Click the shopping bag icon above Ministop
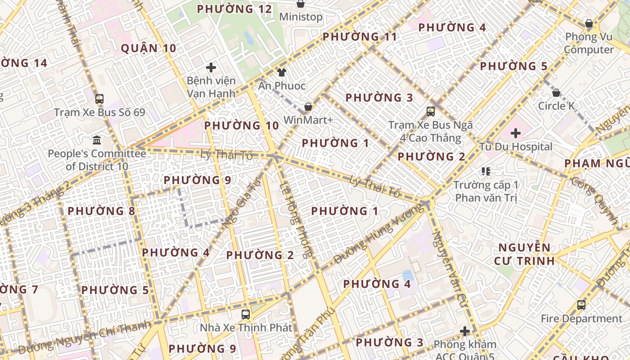click(x=301, y=4)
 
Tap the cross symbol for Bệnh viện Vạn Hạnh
click(x=211, y=68)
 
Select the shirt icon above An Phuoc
click(x=282, y=72)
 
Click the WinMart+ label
click(x=308, y=120)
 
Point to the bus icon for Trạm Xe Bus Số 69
click(x=99, y=99)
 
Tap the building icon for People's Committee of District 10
click(x=97, y=140)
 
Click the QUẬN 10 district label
click(x=148, y=49)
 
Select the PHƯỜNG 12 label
click(x=234, y=9)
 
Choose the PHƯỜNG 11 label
click(x=360, y=37)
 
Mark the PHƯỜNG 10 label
click(x=242, y=126)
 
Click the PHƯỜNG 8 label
click(x=101, y=211)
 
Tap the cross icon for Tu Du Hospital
click(x=516, y=133)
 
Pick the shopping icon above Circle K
click(x=556, y=93)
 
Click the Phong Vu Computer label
click(x=589, y=43)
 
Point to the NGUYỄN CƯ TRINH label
click(x=524, y=254)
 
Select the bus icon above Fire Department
click(x=581, y=305)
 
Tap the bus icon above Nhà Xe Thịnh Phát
click(x=246, y=315)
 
